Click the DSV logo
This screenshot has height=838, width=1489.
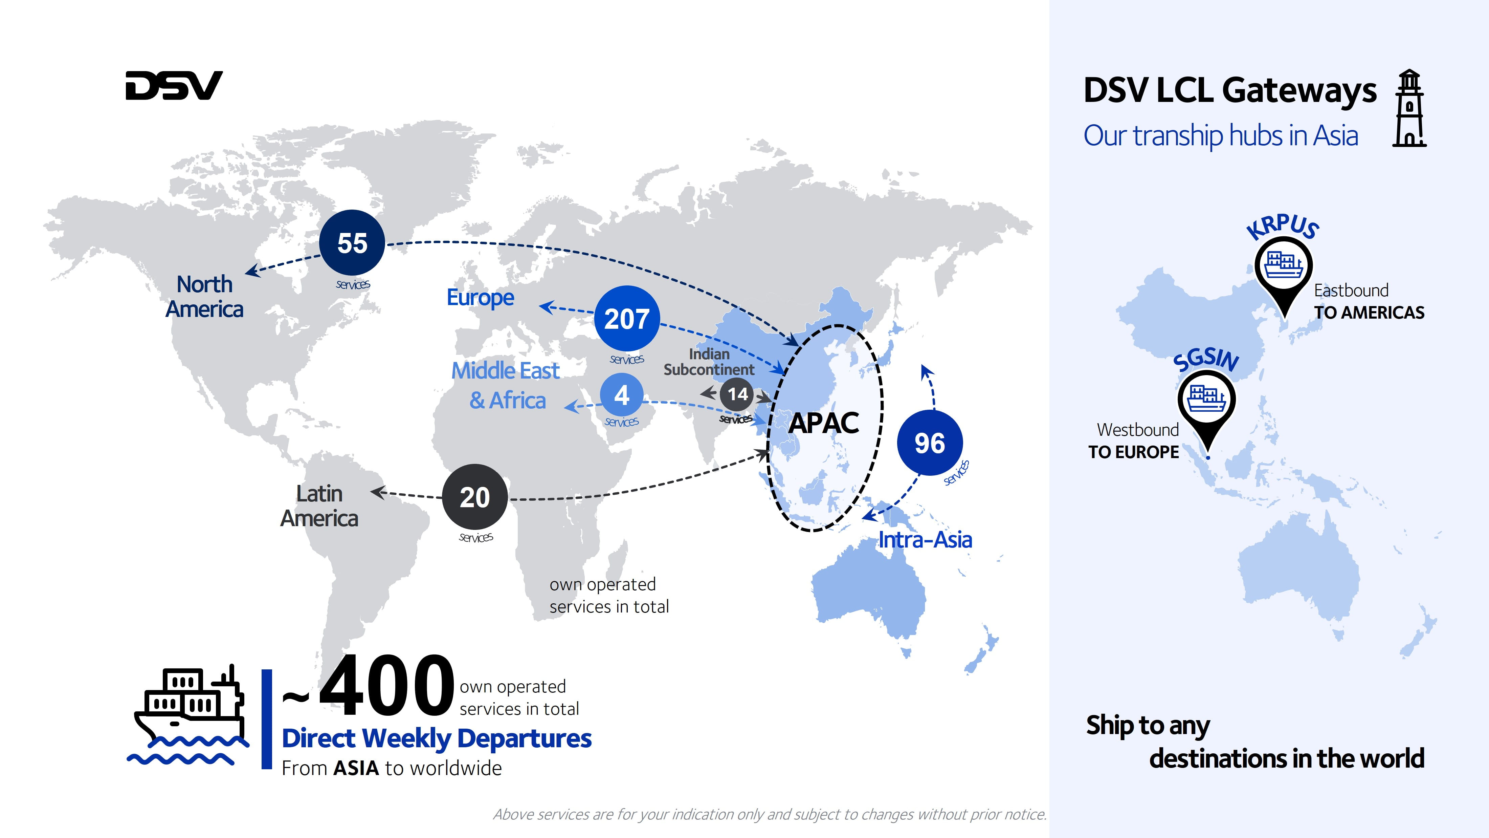(174, 86)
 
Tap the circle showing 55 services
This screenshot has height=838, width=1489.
(352, 243)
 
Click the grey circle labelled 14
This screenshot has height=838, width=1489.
(737, 394)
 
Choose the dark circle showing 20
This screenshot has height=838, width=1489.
(474, 497)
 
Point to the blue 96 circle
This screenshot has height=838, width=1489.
(930, 443)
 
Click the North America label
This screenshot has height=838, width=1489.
(205, 297)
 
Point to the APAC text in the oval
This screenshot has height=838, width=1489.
(824, 423)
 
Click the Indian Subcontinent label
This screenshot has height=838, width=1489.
(709, 362)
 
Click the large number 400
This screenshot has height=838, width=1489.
(386, 686)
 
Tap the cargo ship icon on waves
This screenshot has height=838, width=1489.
(188, 714)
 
